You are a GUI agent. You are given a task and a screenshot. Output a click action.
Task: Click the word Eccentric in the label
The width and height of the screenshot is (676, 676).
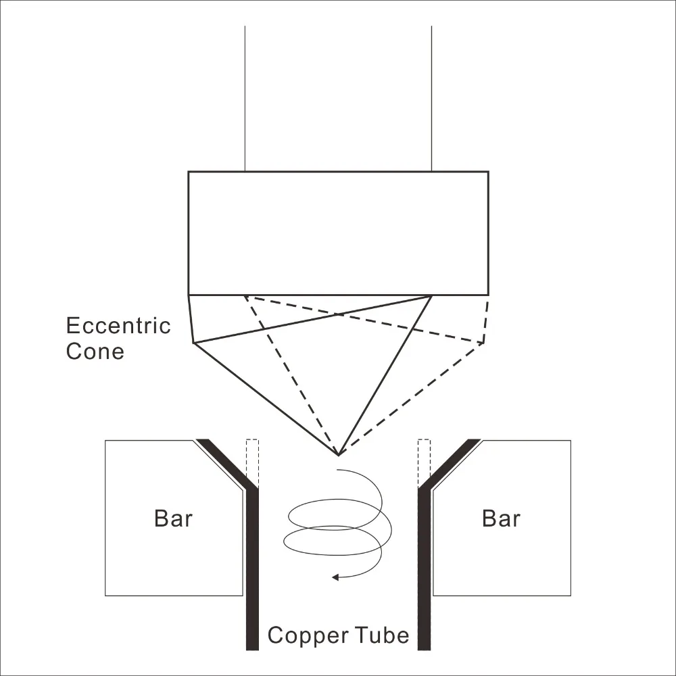[118, 326]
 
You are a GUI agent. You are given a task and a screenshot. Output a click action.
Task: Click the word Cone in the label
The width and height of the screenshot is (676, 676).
[95, 352]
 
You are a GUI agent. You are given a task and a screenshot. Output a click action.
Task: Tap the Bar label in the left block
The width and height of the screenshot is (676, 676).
[173, 518]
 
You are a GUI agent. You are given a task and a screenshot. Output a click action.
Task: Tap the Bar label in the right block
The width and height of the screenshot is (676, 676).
[501, 518]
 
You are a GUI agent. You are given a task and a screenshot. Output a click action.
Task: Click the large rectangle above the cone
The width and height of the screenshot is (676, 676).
[338, 233]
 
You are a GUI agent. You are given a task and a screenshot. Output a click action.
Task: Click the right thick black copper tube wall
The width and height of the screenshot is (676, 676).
[424, 568]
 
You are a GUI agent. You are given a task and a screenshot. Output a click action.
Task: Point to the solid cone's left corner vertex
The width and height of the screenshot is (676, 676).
[194, 343]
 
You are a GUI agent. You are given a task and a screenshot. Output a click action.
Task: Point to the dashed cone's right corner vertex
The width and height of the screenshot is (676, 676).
[483, 343]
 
